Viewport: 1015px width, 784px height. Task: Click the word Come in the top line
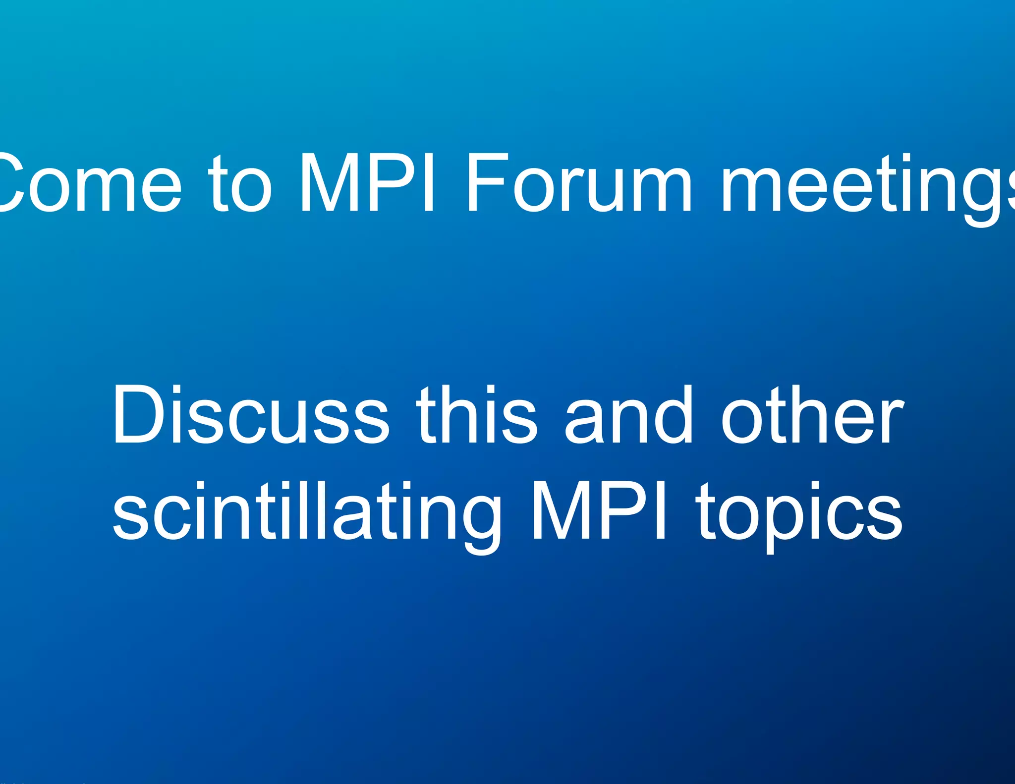[x=89, y=183]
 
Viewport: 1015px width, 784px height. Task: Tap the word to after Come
[x=240, y=183]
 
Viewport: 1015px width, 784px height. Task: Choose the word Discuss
[x=251, y=415]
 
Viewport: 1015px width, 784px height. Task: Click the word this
[x=476, y=415]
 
